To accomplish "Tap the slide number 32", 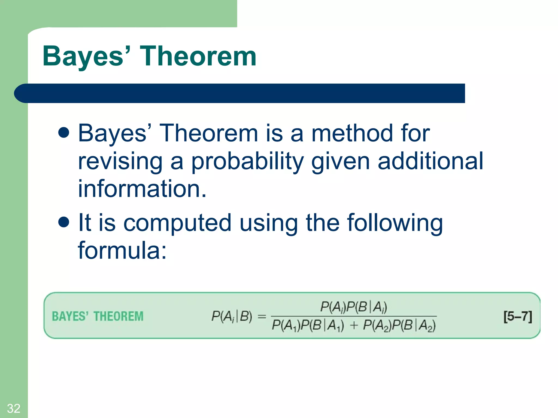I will tap(14, 408).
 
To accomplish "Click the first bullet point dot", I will tap(64, 133).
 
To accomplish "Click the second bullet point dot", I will tap(64, 222).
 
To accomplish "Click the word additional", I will tap(430, 161).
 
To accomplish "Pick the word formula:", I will tap(122, 250).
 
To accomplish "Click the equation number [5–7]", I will tap(517, 316).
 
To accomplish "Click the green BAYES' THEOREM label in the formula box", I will tap(98, 316).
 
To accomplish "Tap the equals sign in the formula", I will tap(262, 316).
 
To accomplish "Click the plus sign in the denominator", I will tap(353, 325).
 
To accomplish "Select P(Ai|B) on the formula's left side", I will tap(232, 316).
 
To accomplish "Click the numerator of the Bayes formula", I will tap(353, 307).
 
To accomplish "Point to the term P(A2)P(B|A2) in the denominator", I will tap(399, 325).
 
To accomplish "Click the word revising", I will tap(120, 161).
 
